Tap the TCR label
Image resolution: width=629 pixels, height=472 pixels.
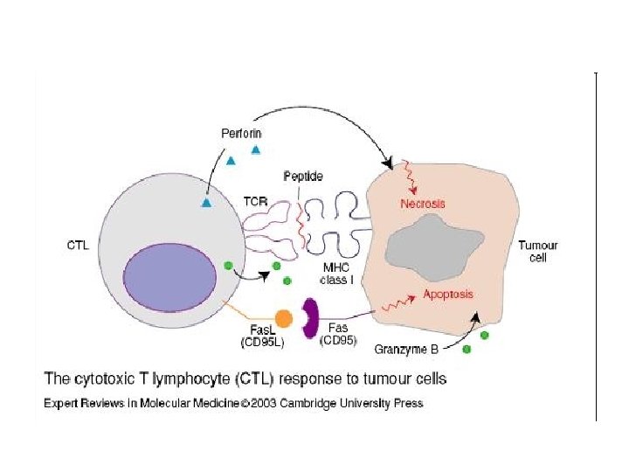click(256, 200)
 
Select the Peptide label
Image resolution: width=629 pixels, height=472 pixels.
click(303, 177)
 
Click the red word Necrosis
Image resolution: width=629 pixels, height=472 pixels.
click(423, 204)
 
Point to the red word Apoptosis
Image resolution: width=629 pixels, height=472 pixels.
click(448, 295)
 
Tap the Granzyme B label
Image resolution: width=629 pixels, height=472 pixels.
click(406, 350)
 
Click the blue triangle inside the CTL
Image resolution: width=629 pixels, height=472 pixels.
click(207, 202)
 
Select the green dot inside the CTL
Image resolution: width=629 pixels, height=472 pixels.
click(228, 265)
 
